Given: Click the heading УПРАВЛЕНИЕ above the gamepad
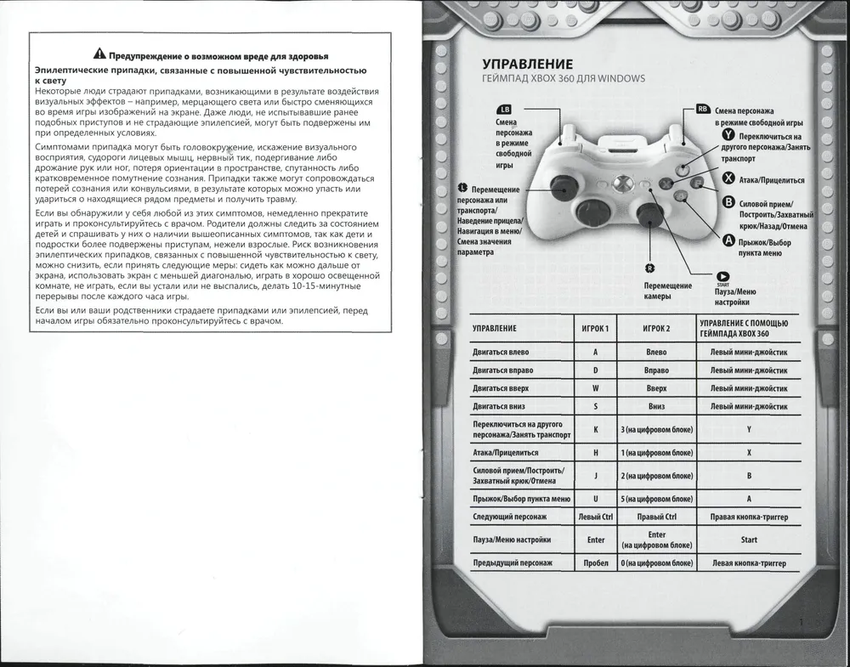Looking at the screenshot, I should (x=527, y=65).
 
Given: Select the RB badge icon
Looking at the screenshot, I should (x=703, y=109).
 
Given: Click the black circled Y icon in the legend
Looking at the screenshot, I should (x=728, y=135).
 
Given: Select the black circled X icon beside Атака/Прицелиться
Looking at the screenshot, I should (x=728, y=178).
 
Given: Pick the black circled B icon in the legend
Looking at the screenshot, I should (x=728, y=202).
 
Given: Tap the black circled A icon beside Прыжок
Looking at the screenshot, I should (x=728, y=240).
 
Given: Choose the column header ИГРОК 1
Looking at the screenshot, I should (x=596, y=328).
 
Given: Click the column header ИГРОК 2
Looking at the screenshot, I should (x=656, y=328).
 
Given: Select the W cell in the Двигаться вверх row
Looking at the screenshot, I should (x=596, y=388).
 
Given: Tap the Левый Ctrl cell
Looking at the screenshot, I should (x=596, y=516).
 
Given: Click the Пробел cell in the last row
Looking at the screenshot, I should (x=596, y=563).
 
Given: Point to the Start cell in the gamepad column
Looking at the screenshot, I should (x=749, y=539).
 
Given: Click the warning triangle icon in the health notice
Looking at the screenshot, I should (x=99, y=54).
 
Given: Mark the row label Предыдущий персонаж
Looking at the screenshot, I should (x=513, y=563).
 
